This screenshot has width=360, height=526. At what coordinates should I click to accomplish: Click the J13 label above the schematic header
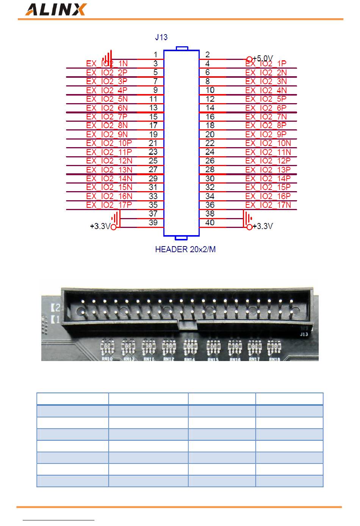[x=161, y=37]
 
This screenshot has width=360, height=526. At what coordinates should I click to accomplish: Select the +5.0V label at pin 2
[x=263, y=58]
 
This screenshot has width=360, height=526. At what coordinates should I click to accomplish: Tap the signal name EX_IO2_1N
[x=107, y=64]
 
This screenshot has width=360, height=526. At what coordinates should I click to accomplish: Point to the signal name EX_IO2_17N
[x=268, y=205]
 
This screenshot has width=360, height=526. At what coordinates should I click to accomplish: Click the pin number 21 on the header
[x=153, y=143]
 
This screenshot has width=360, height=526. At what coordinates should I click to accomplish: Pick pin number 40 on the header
[x=210, y=223]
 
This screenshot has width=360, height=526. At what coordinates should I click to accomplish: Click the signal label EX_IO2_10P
[x=109, y=143]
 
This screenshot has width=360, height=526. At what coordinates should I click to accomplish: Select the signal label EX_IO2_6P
[x=266, y=108]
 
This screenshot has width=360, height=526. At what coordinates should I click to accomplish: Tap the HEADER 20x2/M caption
[x=185, y=250]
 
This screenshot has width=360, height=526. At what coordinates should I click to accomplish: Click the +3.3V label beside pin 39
[x=100, y=227]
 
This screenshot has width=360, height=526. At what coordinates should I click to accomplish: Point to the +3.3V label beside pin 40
[x=263, y=227]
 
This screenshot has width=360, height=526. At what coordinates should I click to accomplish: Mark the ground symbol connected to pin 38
[x=247, y=218]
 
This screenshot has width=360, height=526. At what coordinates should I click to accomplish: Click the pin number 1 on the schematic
[x=155, y=55]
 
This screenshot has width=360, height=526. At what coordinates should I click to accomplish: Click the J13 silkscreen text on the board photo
[x=304, y=334]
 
